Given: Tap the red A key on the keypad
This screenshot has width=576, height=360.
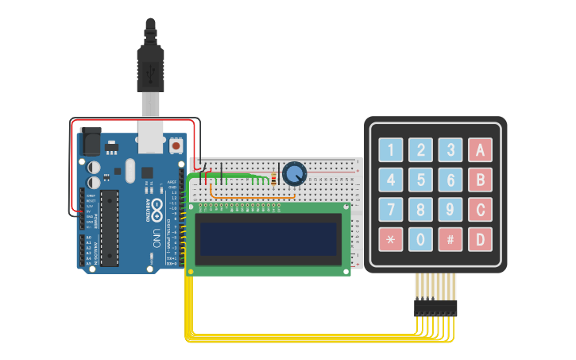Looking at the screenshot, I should [x=480, y=149].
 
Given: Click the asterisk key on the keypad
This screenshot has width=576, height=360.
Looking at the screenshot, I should [x=390, y=239].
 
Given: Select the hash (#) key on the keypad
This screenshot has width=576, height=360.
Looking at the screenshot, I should [x=450, y=239].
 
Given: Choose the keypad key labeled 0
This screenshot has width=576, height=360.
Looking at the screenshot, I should [x=420, y=239].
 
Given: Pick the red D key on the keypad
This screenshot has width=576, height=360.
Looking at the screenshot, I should [x=480, y=239].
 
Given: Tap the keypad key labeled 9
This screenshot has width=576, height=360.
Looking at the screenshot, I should [x=450, y=210].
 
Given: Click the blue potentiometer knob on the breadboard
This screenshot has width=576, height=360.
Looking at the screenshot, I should [x=294, y=173].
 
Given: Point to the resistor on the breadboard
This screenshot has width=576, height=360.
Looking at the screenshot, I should [x=274, y=179].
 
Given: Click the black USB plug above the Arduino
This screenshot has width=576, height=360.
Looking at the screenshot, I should [x=150, y=64].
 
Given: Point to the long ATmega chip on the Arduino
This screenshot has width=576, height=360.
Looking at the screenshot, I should [x=110, y=227].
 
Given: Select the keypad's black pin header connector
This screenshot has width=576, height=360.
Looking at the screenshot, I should [x=435, y=307].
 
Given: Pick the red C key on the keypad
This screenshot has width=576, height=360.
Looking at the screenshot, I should [x=480, y=210].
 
